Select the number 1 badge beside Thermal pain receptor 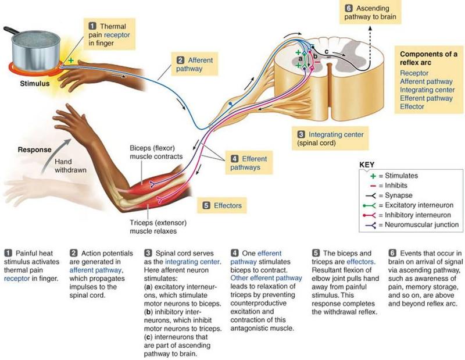(92, 26)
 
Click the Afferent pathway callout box (195, 64)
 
